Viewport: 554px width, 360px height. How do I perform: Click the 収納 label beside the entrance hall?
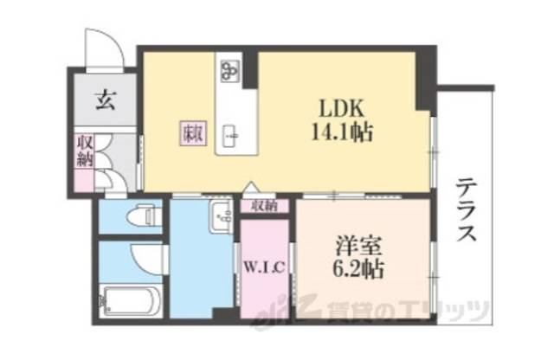(x=84, y=151)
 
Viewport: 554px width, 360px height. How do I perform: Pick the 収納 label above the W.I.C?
(x=264, y=206)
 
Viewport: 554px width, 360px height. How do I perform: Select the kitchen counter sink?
(x=231, y=134)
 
